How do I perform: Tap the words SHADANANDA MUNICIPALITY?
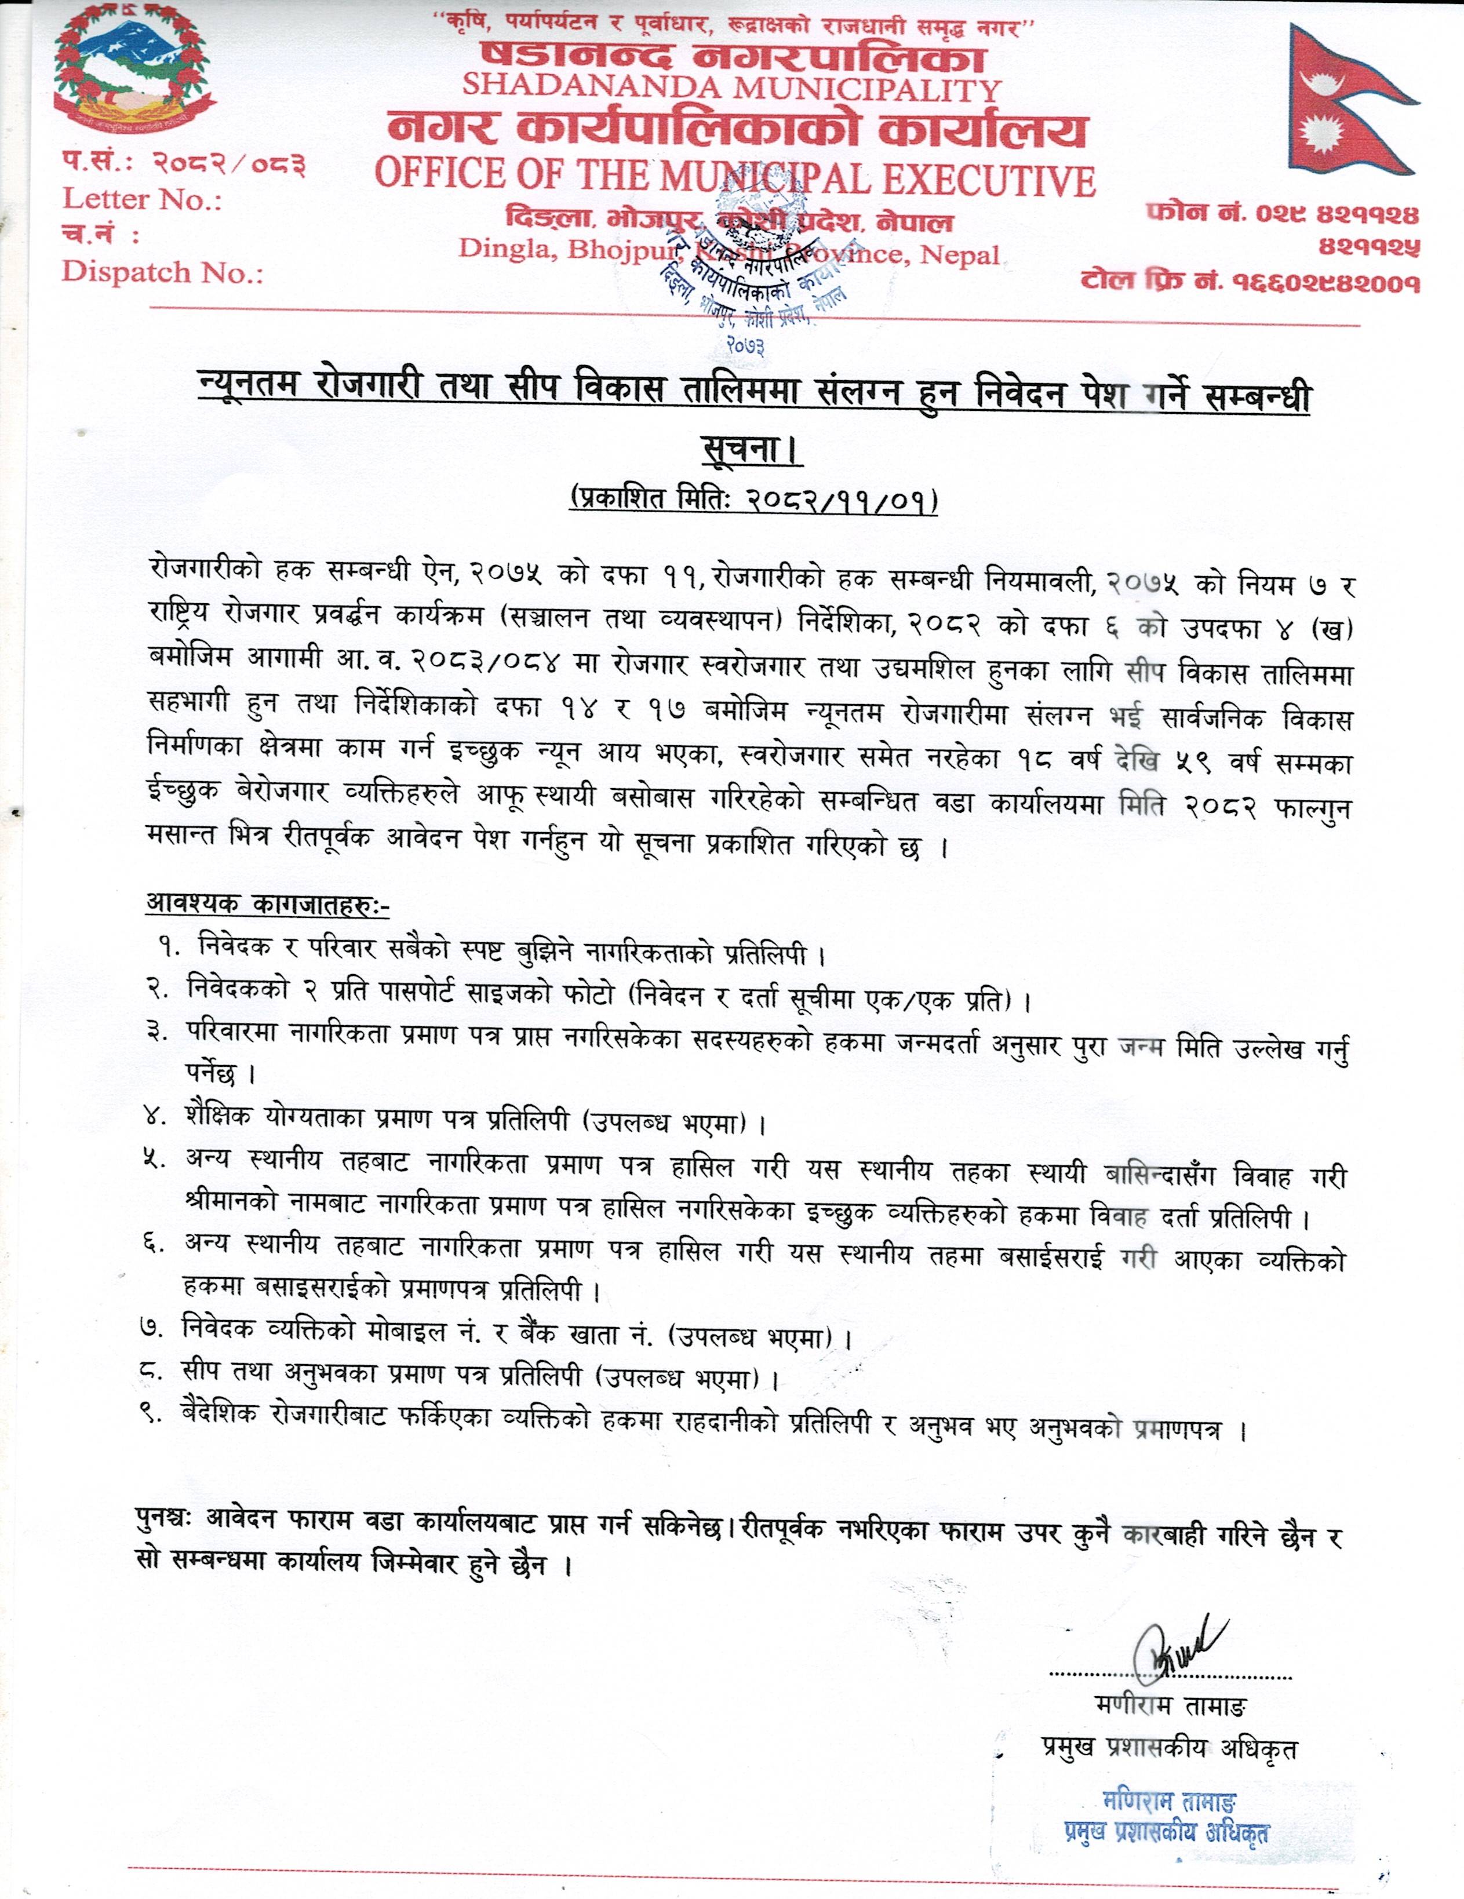pos(731,87)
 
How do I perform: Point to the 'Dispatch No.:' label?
pos(162,272)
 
